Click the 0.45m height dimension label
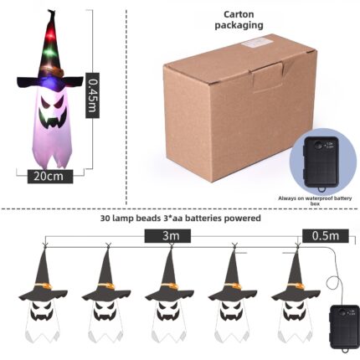92,95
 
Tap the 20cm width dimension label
50,177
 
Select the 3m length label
167,236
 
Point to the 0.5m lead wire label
326,236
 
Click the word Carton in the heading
239,14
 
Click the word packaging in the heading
239,25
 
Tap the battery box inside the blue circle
322,163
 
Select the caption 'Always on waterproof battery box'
315,201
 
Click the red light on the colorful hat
51,35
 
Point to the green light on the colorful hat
49,52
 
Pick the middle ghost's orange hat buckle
170,286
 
